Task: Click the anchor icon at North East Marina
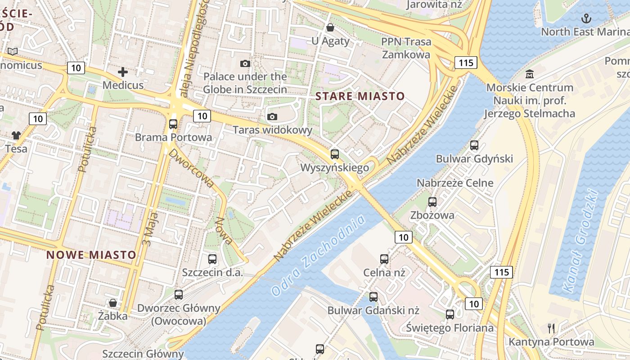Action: (x=586, y=18)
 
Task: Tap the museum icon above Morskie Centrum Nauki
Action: (x=529, y=74)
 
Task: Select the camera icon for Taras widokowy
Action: (x=272, y=117)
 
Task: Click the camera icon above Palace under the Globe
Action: (x=245, y=63)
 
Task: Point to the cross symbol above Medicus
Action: (x=122, y=72)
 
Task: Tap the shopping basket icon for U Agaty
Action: (x=330, y=28)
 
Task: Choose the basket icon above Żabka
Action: (x=113, y=303)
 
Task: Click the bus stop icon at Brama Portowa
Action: (x=173, y=124)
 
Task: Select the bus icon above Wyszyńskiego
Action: (x=334, y=154)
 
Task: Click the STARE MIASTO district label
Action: (x=360, y=96)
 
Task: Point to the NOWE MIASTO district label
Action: (x=91, y=255)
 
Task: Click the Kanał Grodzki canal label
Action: (x=580, y=241)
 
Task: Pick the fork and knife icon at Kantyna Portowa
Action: (x=551, y=328)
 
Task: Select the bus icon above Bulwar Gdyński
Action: (x=474, y=145)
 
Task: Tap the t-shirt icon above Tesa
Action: (x=16, y=135)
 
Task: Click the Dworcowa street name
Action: (x=191, y=168)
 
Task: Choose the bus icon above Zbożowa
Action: (x=432, y=202)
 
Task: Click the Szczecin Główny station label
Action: (x=143, y=353)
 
